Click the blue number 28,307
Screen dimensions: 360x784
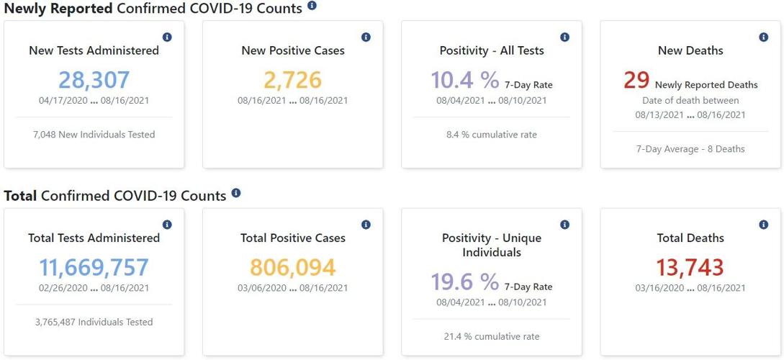point(94,79)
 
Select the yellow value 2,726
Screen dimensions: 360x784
point(292,79)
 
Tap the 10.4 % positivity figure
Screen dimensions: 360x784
point(464,80)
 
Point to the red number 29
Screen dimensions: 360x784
point(636,80)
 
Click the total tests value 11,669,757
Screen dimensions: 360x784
point(94,267)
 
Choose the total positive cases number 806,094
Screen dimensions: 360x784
point(292,267)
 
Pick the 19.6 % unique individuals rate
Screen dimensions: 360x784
point(464,282)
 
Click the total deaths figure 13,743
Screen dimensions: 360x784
point(690,267)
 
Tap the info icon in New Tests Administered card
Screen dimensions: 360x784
point(167,37)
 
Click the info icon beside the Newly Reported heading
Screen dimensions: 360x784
point(312,6)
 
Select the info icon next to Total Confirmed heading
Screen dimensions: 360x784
point(236,193)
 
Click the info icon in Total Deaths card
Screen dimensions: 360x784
point(763,225)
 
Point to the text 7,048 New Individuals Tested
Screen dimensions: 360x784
point(94,135)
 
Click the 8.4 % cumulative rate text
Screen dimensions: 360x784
point(492,135)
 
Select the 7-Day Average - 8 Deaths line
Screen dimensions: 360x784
point(690,149)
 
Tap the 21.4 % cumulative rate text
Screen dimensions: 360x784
point(492,336)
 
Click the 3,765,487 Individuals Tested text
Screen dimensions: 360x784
point(94,322)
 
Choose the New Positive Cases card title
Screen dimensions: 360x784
point(292,50)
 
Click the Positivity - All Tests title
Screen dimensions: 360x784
point(492,50)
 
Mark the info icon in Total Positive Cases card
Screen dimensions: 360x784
point(366,225)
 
